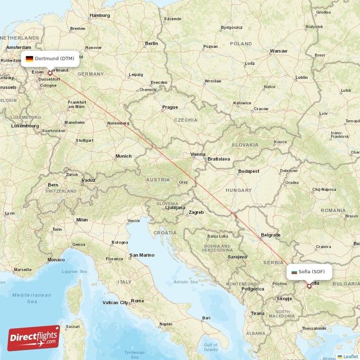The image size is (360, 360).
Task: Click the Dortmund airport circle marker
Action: click(x=50, y=72)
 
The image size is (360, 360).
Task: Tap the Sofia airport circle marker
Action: click(x=309, y=286)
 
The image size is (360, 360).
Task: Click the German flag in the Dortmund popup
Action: click(x=29, y=58)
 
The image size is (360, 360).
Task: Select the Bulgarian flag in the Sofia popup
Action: click(x=295, y=272)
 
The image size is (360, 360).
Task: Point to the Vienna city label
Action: click(x=198, y=154)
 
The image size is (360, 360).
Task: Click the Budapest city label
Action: click(x=249, y=171)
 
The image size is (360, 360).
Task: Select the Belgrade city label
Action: click(x=270, y=235)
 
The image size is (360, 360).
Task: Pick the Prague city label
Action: click(x=170, y=107)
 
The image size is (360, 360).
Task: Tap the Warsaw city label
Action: click(x=278, y=51)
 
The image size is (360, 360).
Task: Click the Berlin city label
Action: click(x=151, y=43)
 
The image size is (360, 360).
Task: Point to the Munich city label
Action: click(x=123, y=156)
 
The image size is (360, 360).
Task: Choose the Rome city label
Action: click(x=137, y=301)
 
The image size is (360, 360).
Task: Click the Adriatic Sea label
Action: click(x=185, y=282)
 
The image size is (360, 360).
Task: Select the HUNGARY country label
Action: click(x=238, y=190)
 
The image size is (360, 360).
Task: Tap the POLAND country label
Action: click(x=241, y=44)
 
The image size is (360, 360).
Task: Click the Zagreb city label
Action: click(x=196, y=212)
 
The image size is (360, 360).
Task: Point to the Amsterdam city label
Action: click(x=19, y=47)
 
